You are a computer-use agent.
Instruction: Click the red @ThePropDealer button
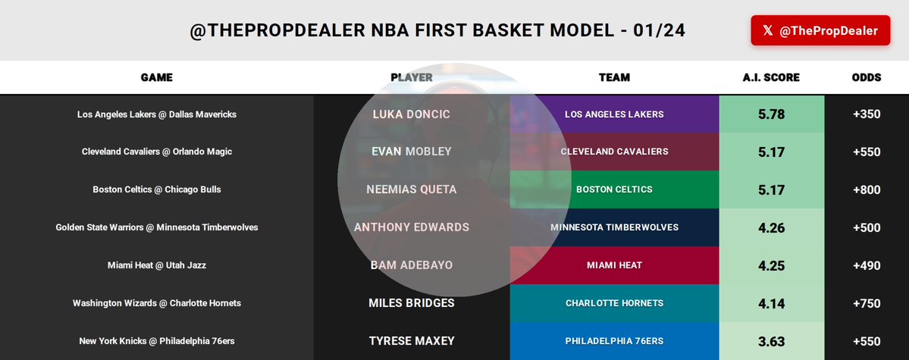point(820,30)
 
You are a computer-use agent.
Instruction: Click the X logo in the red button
point(768,31)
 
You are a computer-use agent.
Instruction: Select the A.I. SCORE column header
point(771,77)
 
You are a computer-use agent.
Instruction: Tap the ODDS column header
point(866,77)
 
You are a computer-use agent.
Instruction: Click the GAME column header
point(157,77)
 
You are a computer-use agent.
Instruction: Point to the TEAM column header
point(614,77)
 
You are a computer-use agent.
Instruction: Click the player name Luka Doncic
point(412,114)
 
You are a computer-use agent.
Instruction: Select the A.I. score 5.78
point(771,114)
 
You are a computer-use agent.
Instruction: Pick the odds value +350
point(866,114)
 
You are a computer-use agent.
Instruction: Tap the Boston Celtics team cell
point(614,189)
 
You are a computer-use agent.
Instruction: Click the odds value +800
point(866,189)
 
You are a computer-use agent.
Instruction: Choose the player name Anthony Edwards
point(412,227)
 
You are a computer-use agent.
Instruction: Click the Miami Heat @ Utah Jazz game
point(157,265)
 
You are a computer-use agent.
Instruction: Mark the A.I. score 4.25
point(771,265)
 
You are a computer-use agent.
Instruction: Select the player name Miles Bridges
point(412,303)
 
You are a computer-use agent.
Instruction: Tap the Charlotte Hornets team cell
point(614,303)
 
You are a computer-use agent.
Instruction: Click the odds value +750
point(866,303)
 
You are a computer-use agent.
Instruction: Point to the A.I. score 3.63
point(771,341)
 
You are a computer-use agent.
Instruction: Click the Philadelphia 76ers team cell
point(614,341)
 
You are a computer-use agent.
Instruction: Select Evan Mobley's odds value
point(866,152)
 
